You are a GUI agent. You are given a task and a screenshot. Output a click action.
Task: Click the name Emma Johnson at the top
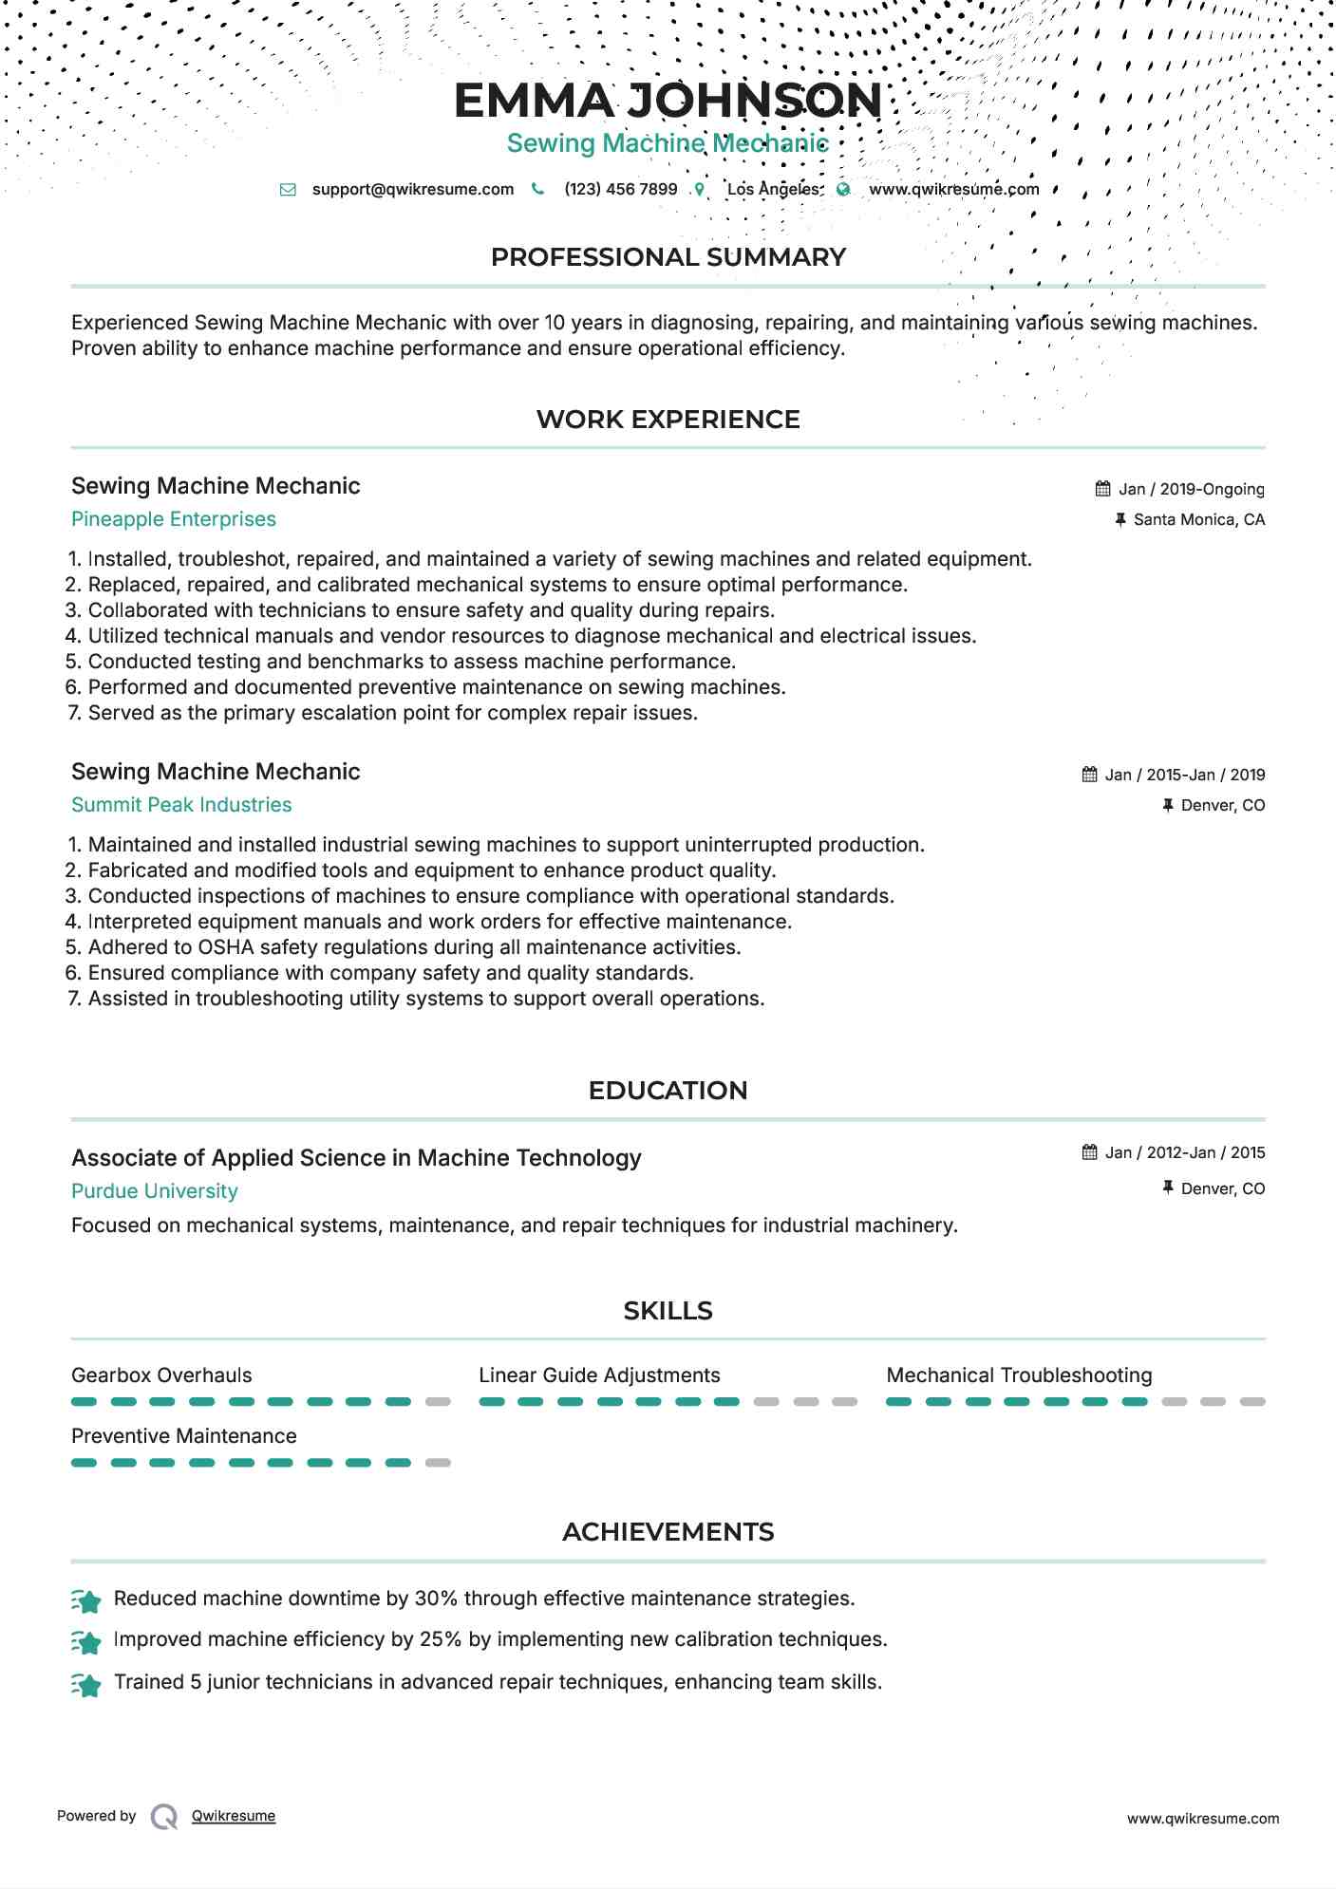[x=668, y=101]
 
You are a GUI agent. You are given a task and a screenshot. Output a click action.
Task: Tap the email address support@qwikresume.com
[x=412, y=189]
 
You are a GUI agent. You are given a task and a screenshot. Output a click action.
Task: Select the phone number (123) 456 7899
[x=620, y=189]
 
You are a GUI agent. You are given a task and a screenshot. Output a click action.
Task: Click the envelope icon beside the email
[x=288, y=189]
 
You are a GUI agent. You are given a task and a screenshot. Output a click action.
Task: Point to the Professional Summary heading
[x=668, y=257]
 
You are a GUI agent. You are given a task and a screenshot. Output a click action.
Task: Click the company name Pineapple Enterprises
[x=174, y=519]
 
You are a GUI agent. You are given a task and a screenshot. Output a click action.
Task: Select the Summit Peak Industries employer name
[x=181, y=805]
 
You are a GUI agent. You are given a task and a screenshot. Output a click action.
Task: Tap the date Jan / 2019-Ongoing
[x=1191, y=489]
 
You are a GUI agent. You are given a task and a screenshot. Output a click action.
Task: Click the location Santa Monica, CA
[x=1198, y=519]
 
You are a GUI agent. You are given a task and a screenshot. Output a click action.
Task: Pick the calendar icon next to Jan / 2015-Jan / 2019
[x=1089, y=775]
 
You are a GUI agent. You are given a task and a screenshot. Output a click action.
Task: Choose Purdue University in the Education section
[x=155, y=1191]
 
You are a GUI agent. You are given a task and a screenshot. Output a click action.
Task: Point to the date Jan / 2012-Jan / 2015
[x=1184, y=1152]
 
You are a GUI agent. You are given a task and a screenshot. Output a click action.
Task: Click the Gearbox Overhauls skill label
[x=161, y=1375]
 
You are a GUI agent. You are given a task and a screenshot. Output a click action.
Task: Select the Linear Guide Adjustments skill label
[x=599, y=1375]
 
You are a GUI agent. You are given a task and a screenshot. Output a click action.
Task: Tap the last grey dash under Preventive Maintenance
[x=438, y=1463]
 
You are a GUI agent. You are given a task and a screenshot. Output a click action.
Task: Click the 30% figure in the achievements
[x=436, y=1599]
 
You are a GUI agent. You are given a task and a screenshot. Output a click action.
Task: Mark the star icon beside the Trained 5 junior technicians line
[x=86, y=1685]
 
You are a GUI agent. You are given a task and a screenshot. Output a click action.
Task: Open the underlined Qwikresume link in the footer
[x=234, y=1816]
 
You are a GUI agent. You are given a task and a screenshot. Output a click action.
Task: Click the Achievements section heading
[x=668, y=1532]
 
